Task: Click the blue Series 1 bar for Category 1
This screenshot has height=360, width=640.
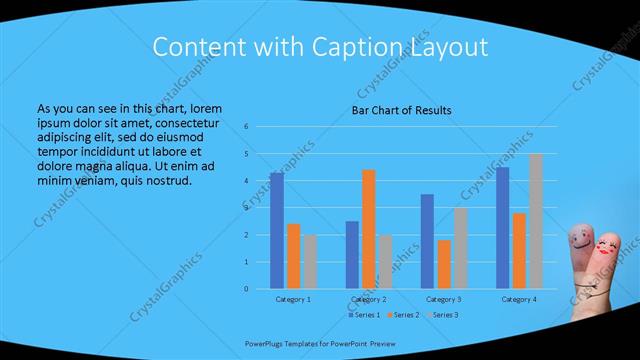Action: pyautogui.click(x=276, y=231)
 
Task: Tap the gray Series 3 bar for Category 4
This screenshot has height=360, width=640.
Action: pyautogui.click(x=535, y=221)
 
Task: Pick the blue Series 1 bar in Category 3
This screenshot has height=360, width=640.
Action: pyautogui.click(x=427, y=241)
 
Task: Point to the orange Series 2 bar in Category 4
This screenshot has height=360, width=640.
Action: pyautogui.click(x=518, y=251)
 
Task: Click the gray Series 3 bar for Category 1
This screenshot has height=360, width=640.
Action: pyautogui.click(x=310, y=262)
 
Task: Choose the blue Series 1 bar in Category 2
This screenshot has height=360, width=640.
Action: pyautogui.click(x=352, y=255)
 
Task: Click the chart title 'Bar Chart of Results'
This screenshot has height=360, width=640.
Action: pyautogui.click(x=402, y=110)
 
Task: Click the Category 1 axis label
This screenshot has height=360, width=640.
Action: pyautogui.click(x=293, y=299)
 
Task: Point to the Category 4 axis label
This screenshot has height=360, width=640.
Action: pyautogui.click(x=518, y=299)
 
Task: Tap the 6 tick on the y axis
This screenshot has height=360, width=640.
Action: pyautogui.click(x=246, y=127)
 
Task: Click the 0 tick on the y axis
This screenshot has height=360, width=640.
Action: pyautogui.click(x=246, y=289)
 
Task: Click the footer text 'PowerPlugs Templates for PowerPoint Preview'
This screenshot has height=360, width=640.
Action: pyautogui.click(x=314, y=340)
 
